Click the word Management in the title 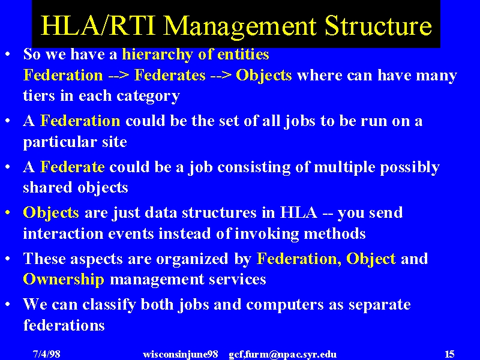point(239,26)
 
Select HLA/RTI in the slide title point(98,25)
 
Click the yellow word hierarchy point(157,55)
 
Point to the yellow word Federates point(170,75)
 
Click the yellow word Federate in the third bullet point(72,167)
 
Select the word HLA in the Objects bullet point(299,212)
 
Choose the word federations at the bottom point(64,325)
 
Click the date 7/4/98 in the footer point(47,354)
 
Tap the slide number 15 point(449,354)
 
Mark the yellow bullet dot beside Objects point(8,212)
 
